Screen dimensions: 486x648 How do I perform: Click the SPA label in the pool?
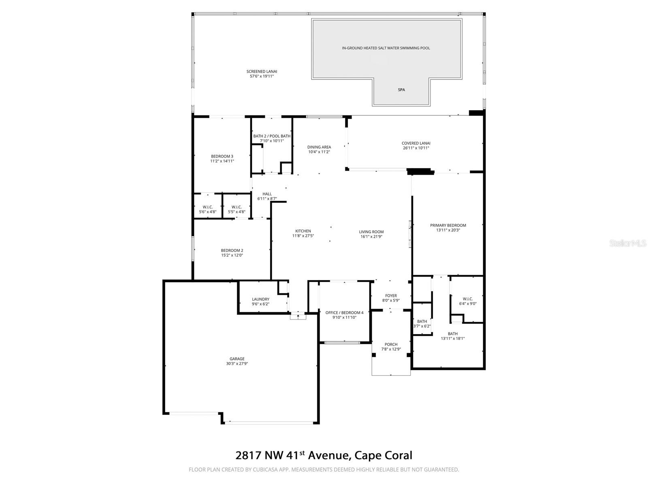point(401,90)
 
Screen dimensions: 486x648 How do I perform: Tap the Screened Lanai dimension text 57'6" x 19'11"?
point(262,76)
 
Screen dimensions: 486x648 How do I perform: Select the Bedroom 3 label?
point(222,156)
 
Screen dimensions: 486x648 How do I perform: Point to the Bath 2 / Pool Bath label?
point(272,136)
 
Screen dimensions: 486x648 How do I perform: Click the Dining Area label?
point(319,147)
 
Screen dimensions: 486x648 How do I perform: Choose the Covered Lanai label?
point(416,143)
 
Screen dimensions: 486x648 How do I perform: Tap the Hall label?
point(267,194)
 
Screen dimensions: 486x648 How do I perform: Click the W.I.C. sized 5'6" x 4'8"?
point(208,207)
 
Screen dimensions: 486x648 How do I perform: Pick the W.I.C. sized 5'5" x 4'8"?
point(237,207)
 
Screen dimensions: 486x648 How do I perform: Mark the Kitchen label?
point(303,231)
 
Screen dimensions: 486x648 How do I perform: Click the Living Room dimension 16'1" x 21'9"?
point(371,237)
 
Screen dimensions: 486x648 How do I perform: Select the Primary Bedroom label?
point(448,225)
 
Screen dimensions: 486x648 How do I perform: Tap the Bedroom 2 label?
point(232,250)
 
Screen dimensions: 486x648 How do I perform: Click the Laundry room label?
point(260,299)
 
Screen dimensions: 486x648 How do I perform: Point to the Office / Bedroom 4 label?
point(345,313)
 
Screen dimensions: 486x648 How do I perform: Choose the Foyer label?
point(391,296)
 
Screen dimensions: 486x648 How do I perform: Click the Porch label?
point(391,344)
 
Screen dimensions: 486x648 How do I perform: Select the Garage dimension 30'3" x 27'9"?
point(237,364)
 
